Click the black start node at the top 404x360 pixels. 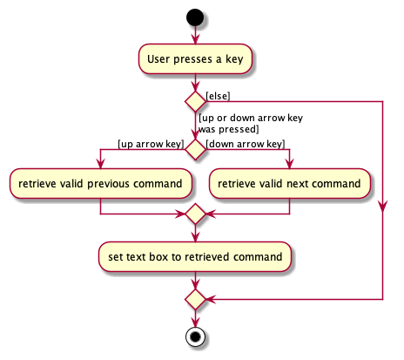coord(194,17)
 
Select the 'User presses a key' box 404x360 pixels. coord(194,58)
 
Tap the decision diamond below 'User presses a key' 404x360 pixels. coord(194,101)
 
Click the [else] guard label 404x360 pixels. coord(218,95)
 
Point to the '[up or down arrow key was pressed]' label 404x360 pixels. coord(250,123)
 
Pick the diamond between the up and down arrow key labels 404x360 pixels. coord(194,149)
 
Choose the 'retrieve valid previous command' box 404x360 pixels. coord(101,184)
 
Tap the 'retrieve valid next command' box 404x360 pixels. coord(289,184)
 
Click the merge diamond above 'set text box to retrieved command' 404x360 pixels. coord(194,214)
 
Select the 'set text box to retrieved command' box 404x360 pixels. coord(194,256)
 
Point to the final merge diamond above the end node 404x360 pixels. coord(194,300)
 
